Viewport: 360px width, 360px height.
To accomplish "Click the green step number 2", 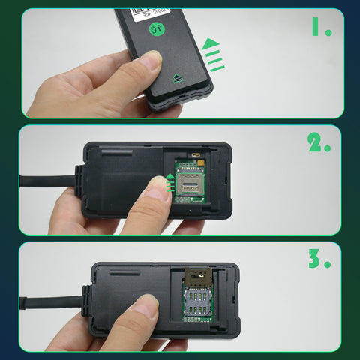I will (319, 142).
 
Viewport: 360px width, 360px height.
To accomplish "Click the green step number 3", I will (318, 259).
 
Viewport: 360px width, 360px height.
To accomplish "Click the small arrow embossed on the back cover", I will (178, 77).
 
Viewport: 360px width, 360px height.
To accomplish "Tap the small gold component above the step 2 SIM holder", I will (197, 158).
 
